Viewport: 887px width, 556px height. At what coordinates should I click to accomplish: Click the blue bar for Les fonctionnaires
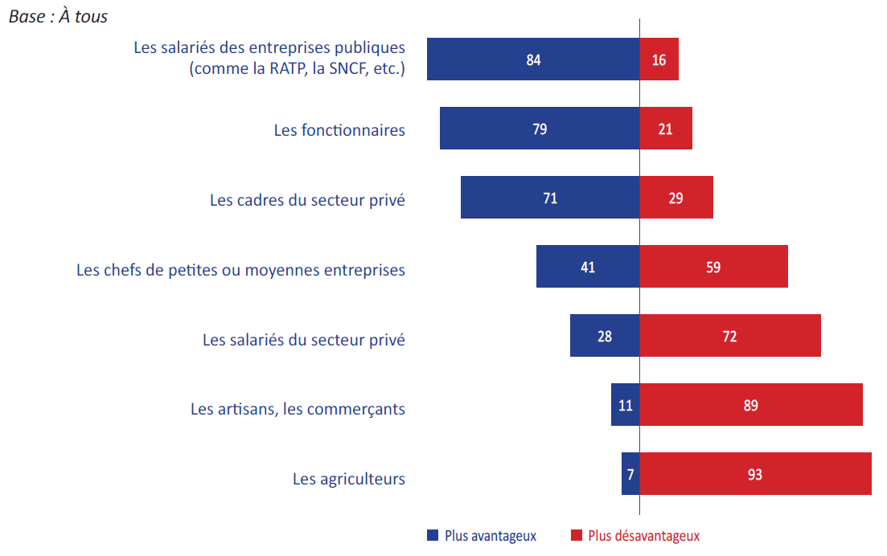point(540,129)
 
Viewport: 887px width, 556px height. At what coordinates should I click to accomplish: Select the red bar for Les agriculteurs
point(755,474)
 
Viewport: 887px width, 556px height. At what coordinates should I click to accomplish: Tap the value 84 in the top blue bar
point(533,59)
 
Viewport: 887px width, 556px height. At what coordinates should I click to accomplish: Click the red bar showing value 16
point(659,59)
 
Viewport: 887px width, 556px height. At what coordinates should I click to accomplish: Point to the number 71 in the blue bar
point(550,198)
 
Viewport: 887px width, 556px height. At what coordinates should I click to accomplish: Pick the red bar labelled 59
point(713,267)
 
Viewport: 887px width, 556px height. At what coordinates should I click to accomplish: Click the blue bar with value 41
point(588,267)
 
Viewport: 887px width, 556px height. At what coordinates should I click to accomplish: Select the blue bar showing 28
point(605,336)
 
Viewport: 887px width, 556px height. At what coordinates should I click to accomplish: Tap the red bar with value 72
point(730,336)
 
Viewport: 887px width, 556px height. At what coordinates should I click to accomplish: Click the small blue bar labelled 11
point(625,405)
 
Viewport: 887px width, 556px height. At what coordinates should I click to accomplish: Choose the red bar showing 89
point(751,405)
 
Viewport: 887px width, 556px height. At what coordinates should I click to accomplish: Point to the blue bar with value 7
point(630,474)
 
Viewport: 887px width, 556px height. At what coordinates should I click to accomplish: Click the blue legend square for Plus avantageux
point(433,536)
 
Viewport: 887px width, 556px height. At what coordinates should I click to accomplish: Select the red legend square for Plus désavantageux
point(576,536)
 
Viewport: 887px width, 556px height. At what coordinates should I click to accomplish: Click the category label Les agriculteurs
point(349,480)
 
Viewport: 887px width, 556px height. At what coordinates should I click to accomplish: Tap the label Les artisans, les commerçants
point(298,409)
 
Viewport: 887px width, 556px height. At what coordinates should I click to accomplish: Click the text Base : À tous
point(58,17)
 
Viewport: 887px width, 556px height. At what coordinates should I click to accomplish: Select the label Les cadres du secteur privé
point(307,199)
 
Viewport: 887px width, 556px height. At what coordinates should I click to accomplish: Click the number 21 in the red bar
point(665,129)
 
